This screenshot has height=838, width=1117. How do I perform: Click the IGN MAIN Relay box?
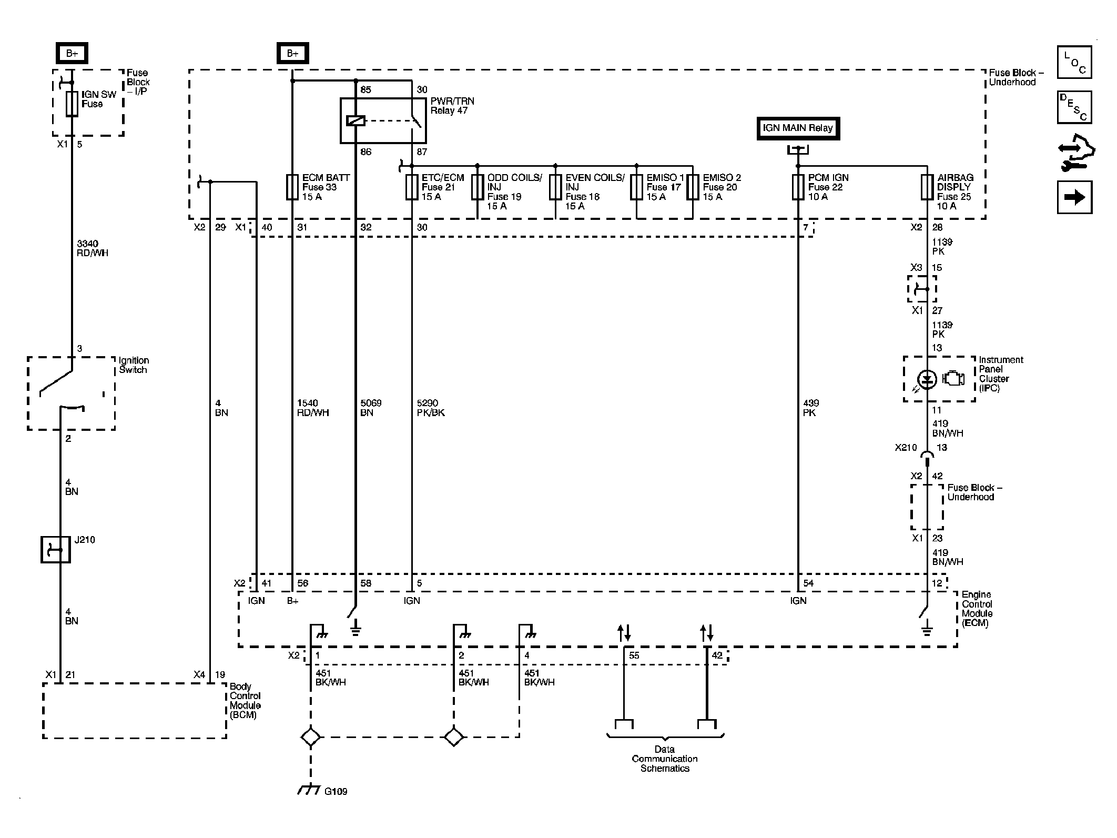798,128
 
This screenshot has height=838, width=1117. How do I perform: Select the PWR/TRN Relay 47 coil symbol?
356,121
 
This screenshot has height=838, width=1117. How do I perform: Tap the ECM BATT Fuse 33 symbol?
292,187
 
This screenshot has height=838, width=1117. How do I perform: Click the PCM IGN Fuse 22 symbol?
798,187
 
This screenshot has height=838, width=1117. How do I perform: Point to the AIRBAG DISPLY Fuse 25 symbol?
927,187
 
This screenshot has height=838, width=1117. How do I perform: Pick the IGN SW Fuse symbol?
72,103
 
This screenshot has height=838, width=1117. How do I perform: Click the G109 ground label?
336,791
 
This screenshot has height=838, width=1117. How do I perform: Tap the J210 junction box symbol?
56,550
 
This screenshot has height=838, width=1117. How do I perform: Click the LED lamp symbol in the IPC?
927,379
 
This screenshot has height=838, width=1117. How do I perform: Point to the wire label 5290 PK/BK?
431,408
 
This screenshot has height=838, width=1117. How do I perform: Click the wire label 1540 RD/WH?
313,408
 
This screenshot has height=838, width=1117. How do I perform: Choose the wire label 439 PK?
811,408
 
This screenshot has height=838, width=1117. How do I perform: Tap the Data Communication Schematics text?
665,759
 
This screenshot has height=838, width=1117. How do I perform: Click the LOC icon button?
1074,62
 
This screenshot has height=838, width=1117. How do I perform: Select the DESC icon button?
1074,107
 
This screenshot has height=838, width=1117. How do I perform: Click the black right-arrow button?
1074,197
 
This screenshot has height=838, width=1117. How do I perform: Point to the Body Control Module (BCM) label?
245,701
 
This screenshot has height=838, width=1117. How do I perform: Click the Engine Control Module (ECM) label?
977,609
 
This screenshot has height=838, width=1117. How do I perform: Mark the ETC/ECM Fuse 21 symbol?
412,187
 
